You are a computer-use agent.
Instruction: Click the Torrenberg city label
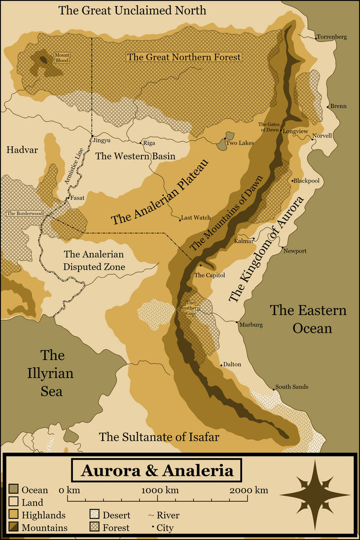point(332,37)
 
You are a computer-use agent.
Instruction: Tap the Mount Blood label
point(62,58)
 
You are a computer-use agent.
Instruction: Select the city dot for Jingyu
point(92,136)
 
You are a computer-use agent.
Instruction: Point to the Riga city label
point(149,144)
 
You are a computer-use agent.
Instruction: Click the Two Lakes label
point(240,143)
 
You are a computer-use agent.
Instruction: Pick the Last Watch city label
point(196,217)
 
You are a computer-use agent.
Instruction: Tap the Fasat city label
point(78,198)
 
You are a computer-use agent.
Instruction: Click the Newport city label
point(295,251)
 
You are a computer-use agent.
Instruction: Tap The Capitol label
point(210,275)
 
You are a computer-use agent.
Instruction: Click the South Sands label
point(292,387)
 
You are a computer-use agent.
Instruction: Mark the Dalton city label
point(232,364)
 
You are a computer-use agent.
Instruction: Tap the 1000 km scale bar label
point(160,490)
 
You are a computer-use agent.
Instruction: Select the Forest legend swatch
point(95,527)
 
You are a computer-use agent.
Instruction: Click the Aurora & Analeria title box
point(157,470)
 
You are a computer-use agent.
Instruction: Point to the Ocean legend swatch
point(13,490)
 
